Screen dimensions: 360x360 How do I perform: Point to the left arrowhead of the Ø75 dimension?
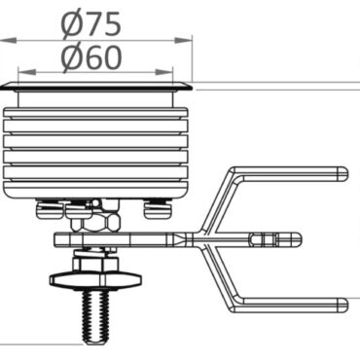point(5,41)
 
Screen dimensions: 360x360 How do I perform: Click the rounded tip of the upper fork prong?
point(342,173)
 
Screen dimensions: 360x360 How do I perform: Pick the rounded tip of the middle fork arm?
point(297,237)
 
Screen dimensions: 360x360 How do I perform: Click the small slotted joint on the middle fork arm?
point(263,237)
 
